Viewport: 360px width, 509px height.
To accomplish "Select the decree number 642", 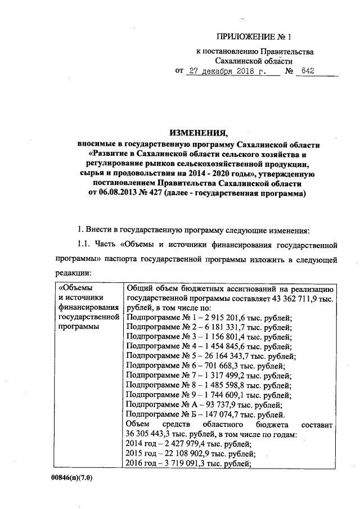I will pos(308,71).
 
